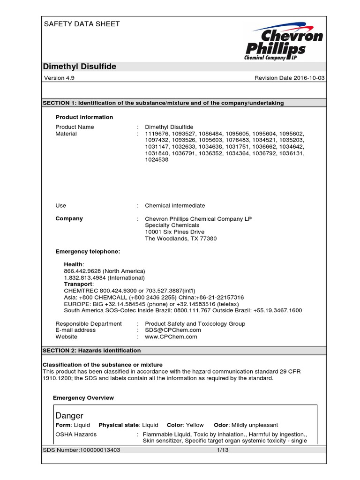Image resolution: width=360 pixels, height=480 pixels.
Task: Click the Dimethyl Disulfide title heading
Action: click(79, 67)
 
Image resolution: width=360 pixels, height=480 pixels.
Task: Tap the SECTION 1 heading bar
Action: click(163, 103)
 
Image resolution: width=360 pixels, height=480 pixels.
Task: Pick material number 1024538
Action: click(157, 159)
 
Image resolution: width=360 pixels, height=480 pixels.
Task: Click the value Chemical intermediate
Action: click(175, 205)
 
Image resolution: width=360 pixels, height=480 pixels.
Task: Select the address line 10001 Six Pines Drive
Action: click(174, 232)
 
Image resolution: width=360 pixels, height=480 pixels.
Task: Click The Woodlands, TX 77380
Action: click(181, 238)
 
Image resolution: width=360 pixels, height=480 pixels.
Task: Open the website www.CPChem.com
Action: click(171, 337)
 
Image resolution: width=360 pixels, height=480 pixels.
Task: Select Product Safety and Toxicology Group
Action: click(195, 323)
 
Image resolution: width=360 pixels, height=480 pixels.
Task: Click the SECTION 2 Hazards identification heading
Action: click(91, 350)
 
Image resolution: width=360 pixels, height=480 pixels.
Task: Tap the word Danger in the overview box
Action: click(69, 415)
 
